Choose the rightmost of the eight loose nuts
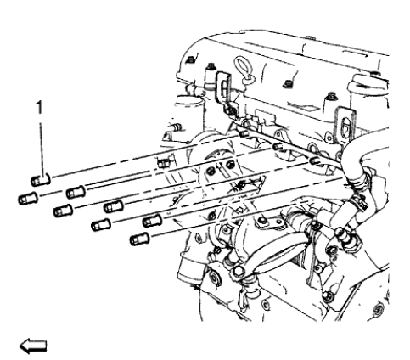tap(151, 221)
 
